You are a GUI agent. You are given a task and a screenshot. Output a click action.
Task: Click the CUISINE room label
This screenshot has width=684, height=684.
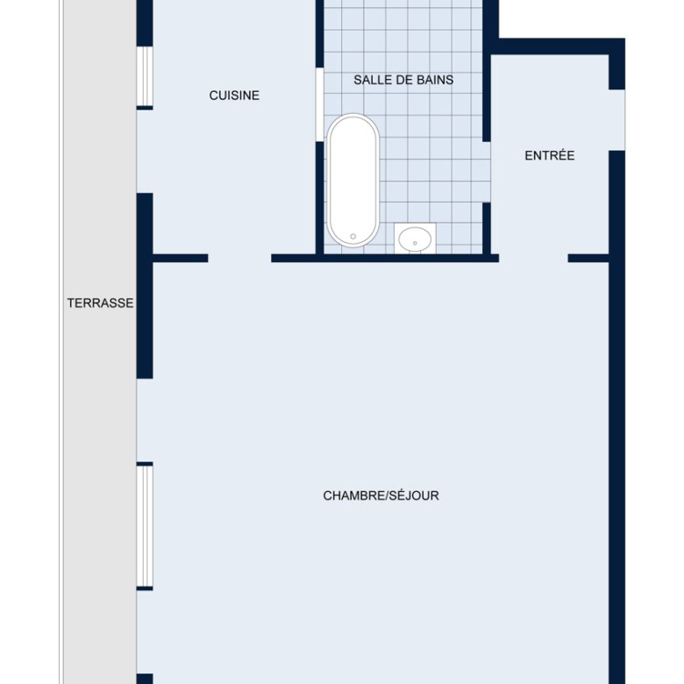[234, 95]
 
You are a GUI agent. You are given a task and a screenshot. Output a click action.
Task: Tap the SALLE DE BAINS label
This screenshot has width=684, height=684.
[403, 80]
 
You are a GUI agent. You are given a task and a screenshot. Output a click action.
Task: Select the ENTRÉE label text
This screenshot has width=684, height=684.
[549, 155]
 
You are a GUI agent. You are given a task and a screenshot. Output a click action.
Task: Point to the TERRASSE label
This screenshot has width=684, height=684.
[100, 303]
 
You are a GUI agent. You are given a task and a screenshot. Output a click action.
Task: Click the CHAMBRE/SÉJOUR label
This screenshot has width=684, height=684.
[381, 495]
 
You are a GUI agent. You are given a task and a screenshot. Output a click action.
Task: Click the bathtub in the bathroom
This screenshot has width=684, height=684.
[353, 180]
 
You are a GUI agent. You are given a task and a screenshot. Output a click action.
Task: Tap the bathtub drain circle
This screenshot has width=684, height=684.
[353, 237]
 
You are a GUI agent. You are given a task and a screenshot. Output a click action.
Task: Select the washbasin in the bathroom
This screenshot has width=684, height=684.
[415, 239]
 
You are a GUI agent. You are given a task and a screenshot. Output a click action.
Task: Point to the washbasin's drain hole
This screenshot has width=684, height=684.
[415, 243]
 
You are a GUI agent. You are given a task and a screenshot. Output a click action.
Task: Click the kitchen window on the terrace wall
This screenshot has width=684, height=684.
[145, 76]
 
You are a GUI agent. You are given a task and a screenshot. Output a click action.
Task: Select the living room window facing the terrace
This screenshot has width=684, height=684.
[145, 526]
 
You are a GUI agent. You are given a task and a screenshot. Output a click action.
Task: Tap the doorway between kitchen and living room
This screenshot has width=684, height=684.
[239, 258]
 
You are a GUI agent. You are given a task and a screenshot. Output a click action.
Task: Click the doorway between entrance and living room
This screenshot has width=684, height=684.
[533, 258]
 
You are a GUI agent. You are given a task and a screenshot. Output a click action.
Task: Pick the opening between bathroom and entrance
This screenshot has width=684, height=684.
[487, 172]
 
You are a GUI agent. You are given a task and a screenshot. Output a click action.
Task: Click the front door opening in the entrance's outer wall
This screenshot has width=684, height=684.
[616, 120]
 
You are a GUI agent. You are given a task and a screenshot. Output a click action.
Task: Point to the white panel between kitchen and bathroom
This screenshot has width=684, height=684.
[320, 104]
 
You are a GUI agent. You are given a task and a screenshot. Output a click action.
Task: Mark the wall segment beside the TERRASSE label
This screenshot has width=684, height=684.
[145, 286]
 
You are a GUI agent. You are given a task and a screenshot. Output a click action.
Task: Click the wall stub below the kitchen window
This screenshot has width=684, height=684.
[145, 108]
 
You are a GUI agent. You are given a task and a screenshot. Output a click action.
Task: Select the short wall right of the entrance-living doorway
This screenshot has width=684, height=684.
[588, 258]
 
